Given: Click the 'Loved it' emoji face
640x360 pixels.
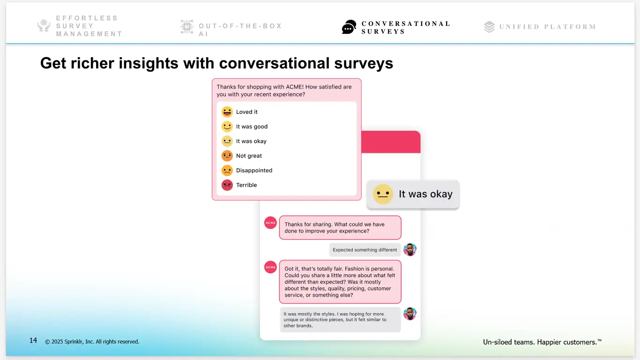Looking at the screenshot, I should tap(227, 112).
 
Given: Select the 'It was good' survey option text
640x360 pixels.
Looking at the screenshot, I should tap(252, 127).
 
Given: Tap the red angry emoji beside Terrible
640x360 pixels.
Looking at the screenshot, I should tap(227, 185).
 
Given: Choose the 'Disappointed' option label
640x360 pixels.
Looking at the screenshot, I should tap(254, 171).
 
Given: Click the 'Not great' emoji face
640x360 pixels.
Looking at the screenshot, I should tap(227, 156).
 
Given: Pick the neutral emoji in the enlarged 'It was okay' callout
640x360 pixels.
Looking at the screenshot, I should tap(383, 194).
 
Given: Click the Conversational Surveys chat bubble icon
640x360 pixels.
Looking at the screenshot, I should tap(349, 27).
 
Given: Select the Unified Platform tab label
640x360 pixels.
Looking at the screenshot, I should tap(547, 27).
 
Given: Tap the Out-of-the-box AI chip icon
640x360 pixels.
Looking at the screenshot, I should tap(186, 27).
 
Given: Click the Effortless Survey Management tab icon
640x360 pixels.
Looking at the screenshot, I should tap(44, 26).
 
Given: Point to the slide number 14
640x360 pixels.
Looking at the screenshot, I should tap(33, 341).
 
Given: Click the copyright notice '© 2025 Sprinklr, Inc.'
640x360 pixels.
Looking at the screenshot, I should tap(92, 342).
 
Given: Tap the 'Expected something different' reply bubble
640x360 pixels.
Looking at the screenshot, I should tap(365, 250).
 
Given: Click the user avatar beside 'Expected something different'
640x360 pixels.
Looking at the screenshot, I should tap(410, 250).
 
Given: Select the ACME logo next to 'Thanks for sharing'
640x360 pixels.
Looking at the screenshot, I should tap(270, 223).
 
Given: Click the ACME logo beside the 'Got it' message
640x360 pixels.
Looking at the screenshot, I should tap(270, 268).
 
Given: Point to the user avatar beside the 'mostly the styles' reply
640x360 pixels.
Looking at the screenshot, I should tap(410, 314).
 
